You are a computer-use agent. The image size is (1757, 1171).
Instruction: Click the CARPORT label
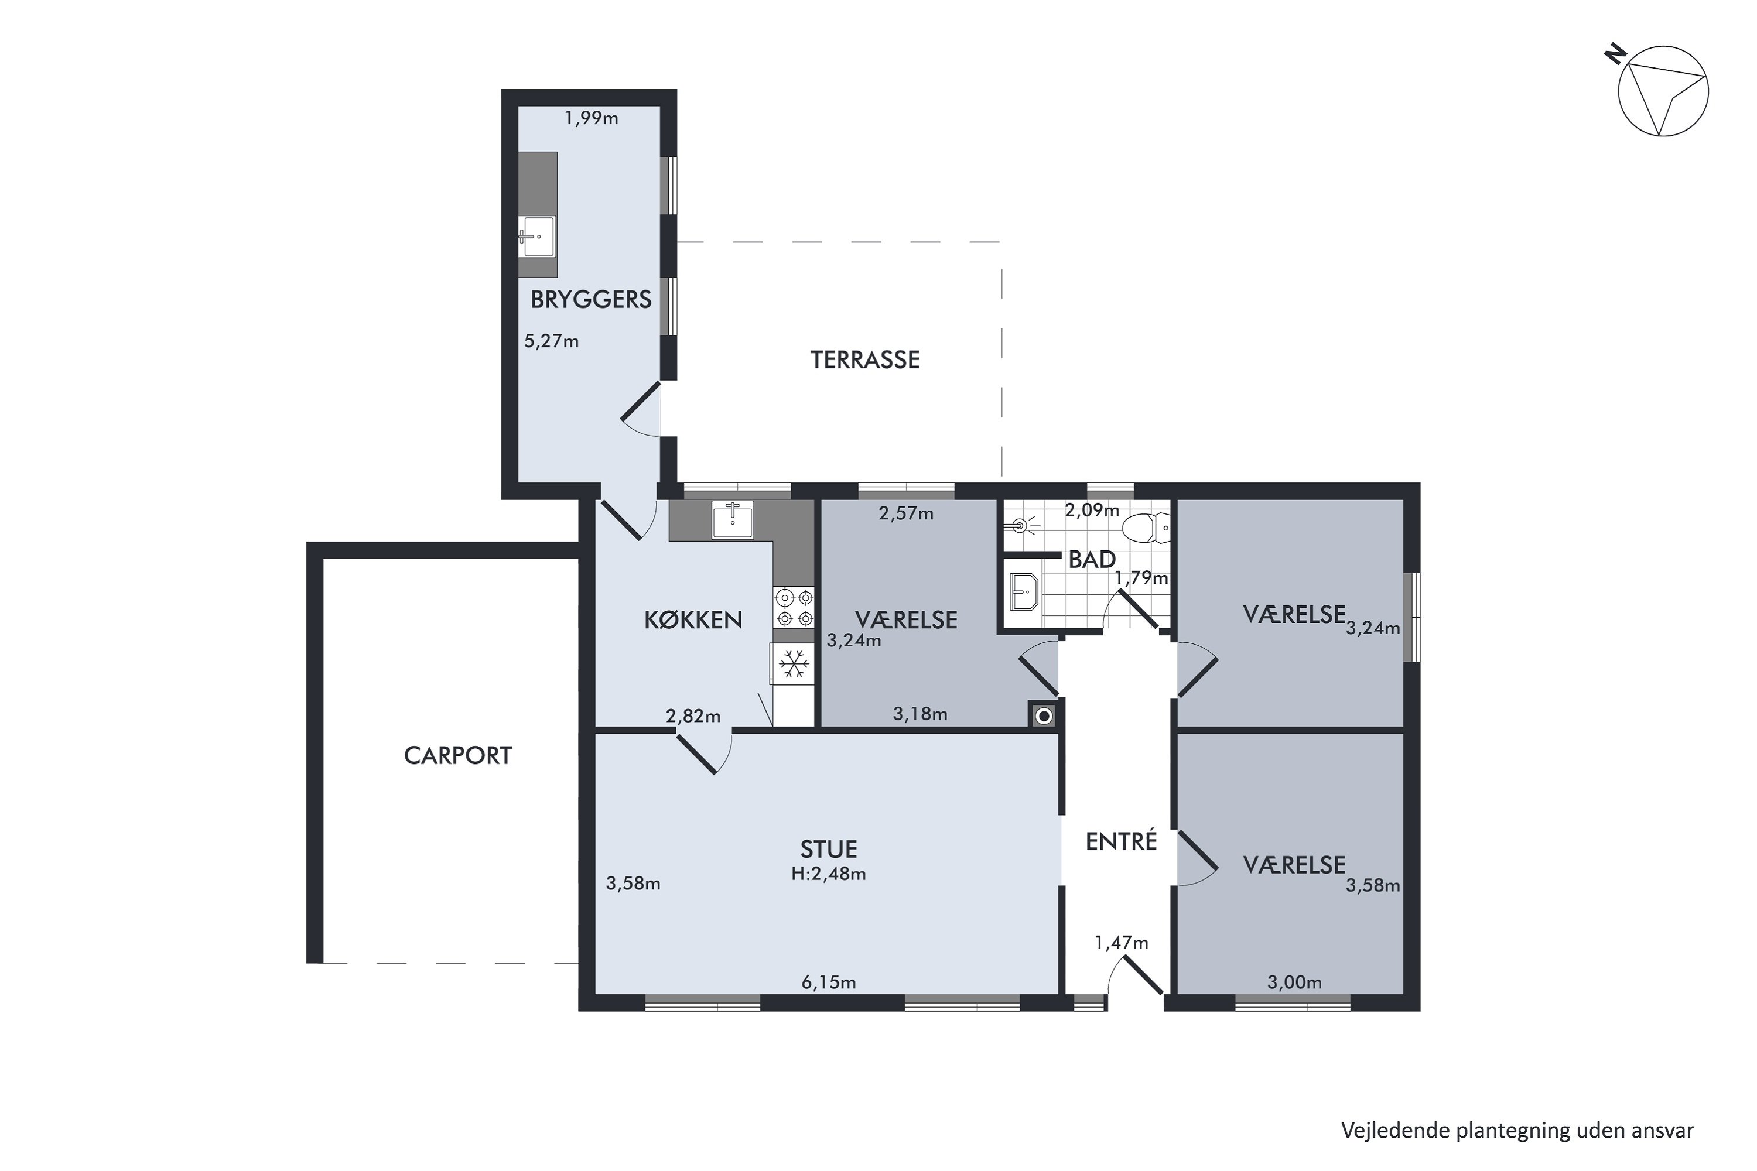(x=458, y=756)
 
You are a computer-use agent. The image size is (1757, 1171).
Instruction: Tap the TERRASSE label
(x=865, y=360)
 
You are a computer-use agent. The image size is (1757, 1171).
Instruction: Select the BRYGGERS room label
(x=591, y=299)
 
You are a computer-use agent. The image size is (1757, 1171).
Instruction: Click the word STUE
(x=829, y=849)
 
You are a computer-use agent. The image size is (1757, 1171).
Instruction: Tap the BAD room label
(x=1092, y=559)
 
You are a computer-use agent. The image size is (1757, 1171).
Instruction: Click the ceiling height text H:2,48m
(x=829, y=874)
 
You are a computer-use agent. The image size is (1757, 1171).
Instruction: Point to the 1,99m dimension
(x=591, y=118)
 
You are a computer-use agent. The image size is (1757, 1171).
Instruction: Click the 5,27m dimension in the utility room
(x=551, y=341)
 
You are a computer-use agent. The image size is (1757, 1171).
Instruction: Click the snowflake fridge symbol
(x=794, y=663)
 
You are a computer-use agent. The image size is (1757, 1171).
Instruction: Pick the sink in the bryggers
(x=537, y=236)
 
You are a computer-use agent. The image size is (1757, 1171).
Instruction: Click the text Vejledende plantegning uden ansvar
(x=1517, y=1130)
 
